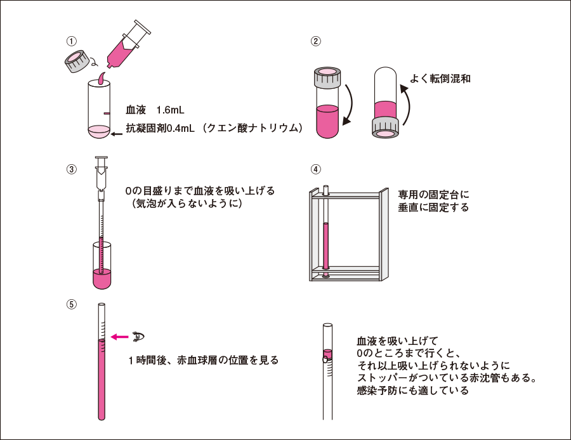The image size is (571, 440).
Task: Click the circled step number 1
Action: coord(72,41)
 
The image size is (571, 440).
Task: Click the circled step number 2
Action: coord(315,42)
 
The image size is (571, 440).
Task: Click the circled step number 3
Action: coord(72,169)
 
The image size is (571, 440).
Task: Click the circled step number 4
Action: coord(315,169)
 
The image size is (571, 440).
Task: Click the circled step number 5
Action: coord(72,304)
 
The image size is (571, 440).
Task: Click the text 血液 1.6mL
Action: coord(155,109)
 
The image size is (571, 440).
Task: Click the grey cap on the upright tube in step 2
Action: coord(328,79)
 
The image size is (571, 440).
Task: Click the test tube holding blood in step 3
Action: coord(102,266)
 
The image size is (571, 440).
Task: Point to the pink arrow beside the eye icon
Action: coord(119,337)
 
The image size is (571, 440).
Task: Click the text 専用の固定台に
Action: coord(433,193)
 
